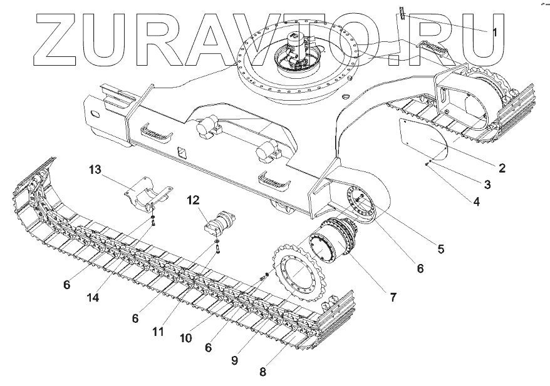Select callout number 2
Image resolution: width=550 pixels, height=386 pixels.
[x=501, y=168]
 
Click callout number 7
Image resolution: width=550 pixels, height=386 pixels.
[x=393, y=297]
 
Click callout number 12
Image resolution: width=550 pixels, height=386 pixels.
[x=192, y=200]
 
